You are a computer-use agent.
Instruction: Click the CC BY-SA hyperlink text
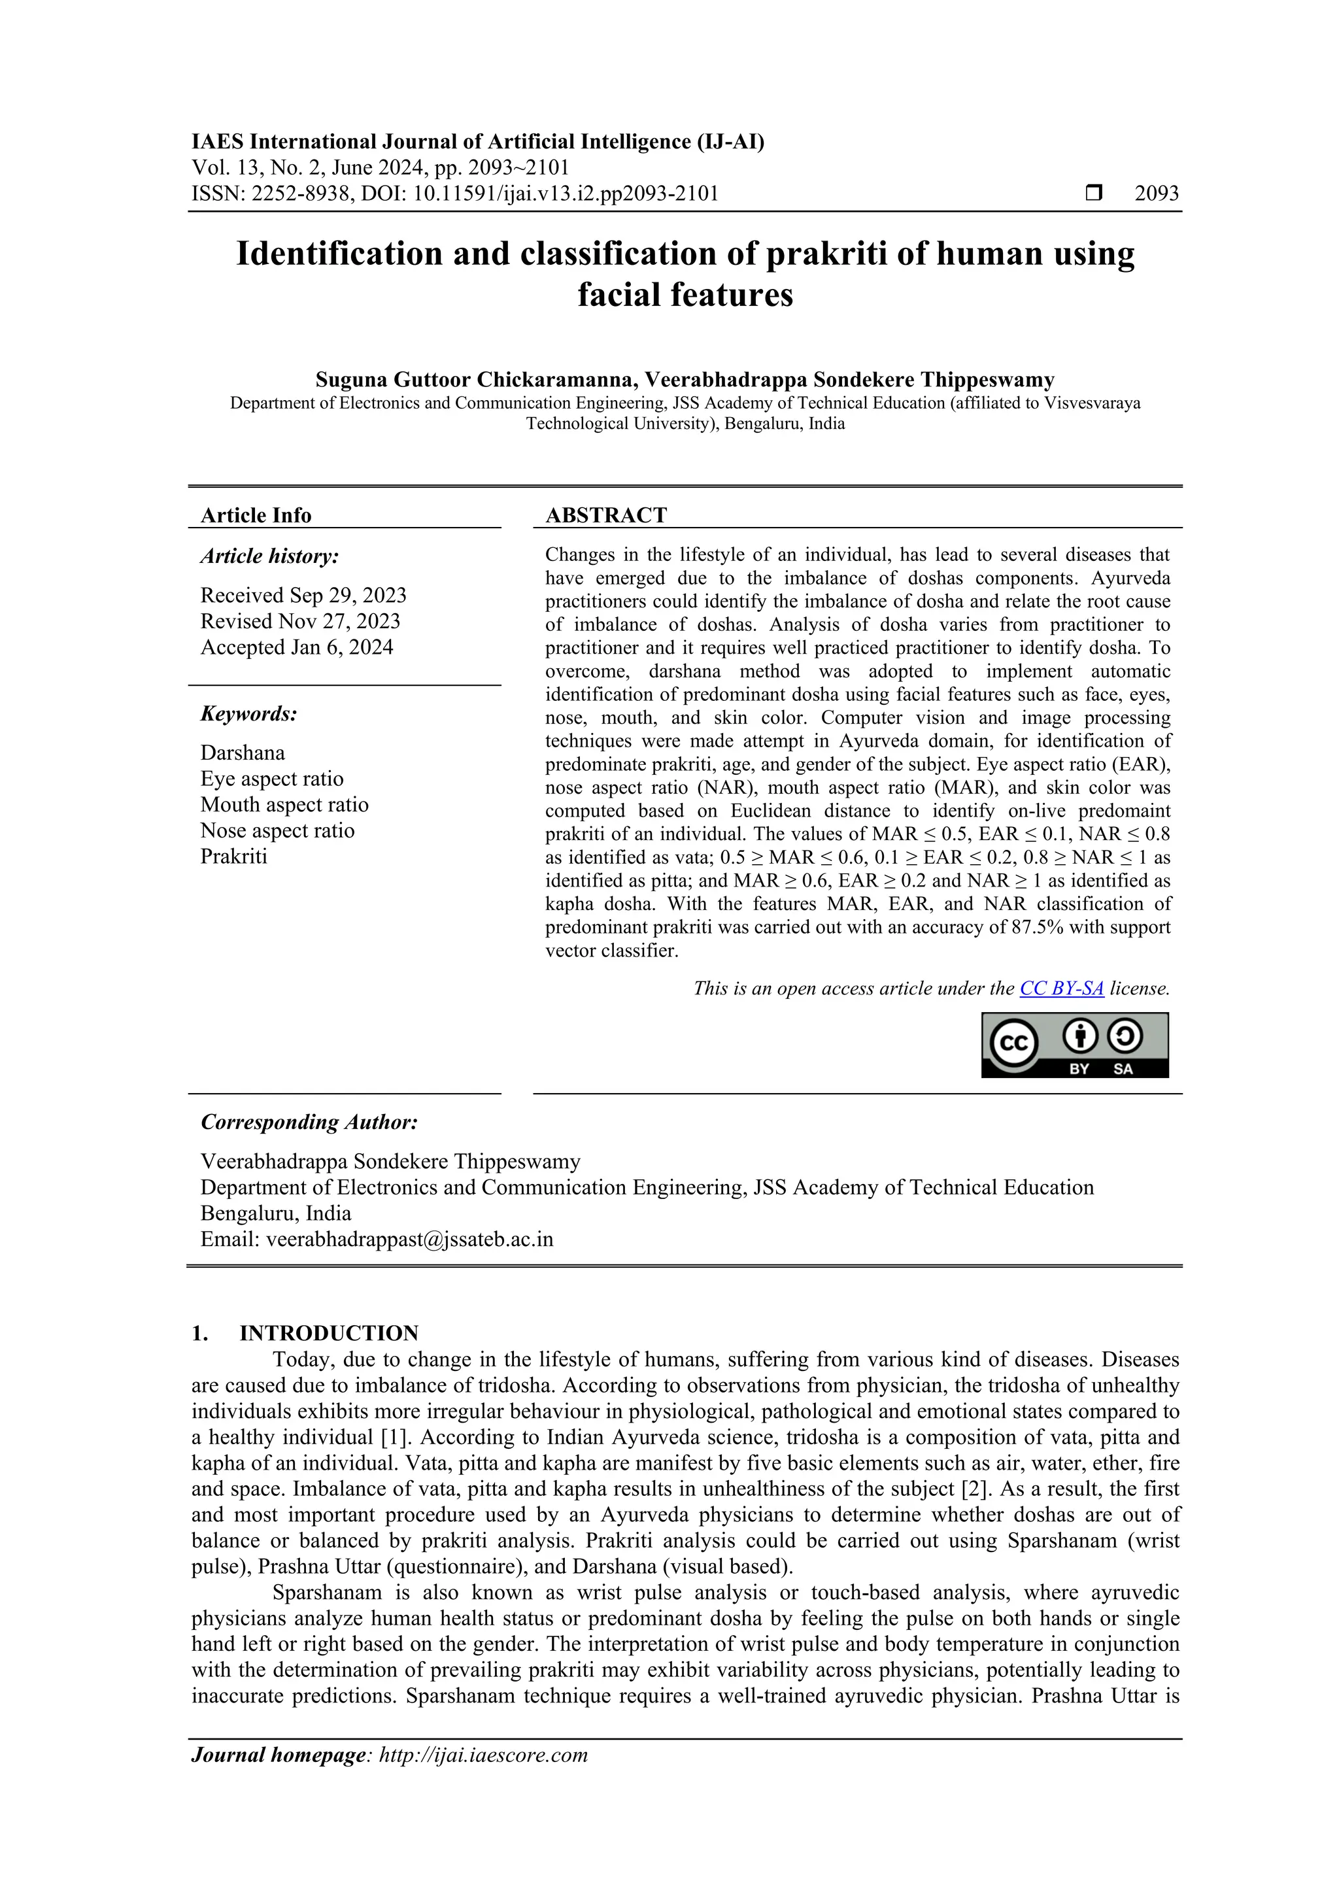(x=1061, y=989)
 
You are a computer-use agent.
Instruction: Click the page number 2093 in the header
(x=1157, y=194)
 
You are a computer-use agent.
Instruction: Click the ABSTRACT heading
(x=605, y=516)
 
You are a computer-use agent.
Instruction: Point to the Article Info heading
(x=256, y=516)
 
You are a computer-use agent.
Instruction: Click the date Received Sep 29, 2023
(x=303, y=596)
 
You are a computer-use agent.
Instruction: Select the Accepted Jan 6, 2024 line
(x=296, y=647)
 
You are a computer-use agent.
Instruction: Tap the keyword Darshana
(x=243, y=753)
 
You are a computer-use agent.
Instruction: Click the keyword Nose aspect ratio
(x=277, y=831)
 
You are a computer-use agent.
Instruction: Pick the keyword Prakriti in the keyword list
(x=233, y=856)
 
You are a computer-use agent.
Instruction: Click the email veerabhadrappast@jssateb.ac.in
(x=409, y=1239)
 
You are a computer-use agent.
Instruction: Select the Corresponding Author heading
(x=309, y=1122)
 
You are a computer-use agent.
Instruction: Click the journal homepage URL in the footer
(x=483, y=1755)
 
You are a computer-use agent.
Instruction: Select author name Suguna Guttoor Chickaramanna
(x=475, y=380)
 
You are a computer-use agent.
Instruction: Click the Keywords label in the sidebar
(x=248, y=713)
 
